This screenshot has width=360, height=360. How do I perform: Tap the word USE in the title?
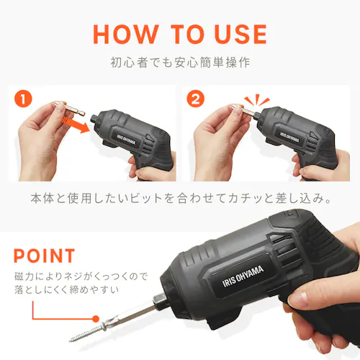click(234, 34)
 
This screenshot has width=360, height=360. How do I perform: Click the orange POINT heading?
click(44, 256)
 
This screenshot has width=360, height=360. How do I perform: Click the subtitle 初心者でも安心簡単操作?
click(180, 63)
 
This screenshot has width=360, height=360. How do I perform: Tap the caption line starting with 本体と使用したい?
click(180, 197)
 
